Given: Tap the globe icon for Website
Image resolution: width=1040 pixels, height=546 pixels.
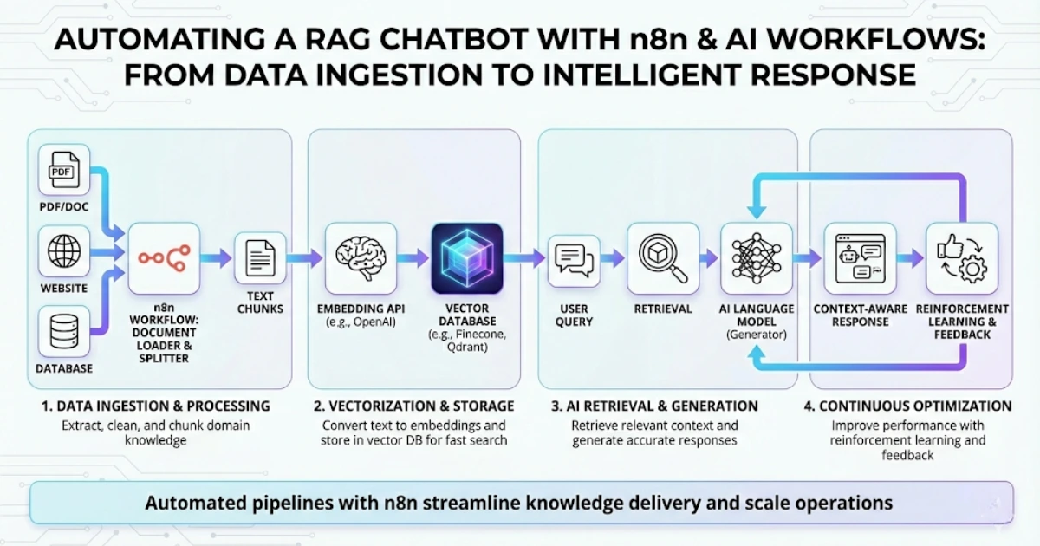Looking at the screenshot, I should [x=64, y=252].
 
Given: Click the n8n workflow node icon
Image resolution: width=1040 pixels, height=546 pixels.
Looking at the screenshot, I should [x=164, y=258].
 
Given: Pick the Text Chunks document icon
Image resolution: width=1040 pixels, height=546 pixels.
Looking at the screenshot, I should [x=260, y=258].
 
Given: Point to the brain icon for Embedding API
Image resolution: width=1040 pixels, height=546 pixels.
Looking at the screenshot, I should [x=361, y=258].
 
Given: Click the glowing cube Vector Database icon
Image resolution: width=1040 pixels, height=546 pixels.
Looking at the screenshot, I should [x=466, y=258].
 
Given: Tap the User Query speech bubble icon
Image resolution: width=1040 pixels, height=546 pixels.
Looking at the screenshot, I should [x=574, y=258].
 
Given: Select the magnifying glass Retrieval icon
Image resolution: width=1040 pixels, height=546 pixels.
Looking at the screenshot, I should [x=663, y=258].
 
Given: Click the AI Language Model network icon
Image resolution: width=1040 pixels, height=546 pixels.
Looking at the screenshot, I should [x=757, y=258].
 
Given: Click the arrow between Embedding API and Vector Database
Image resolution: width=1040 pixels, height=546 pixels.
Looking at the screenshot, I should [x=413, y=257].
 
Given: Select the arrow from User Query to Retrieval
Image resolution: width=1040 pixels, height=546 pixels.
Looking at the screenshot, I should [x=613, y=257].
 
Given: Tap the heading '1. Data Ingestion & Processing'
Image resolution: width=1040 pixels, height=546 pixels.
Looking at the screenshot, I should [x=156, y=406].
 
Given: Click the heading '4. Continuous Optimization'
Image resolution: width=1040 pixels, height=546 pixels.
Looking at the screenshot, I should [x=908, y=406].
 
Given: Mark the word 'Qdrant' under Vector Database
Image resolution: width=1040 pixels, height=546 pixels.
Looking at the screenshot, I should [x=466, y=347].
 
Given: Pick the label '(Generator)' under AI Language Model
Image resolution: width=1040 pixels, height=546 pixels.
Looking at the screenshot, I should [x=757, y=335].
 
